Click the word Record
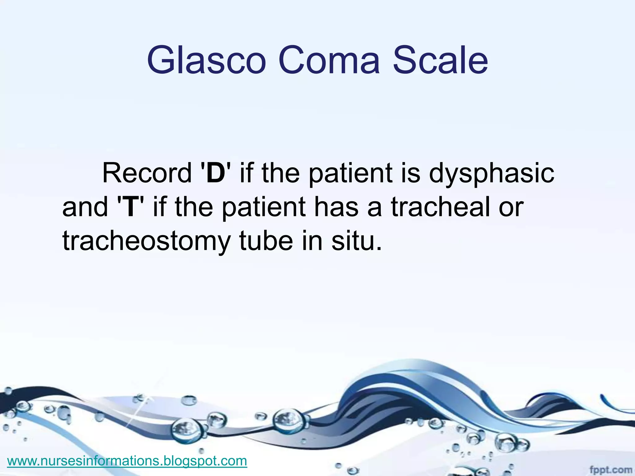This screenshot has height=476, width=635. tap(147, 173)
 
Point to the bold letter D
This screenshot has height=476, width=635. tap(215, 173)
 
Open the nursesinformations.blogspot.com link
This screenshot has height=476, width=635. tap(127, 461)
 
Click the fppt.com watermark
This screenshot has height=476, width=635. tap(611, 470)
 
